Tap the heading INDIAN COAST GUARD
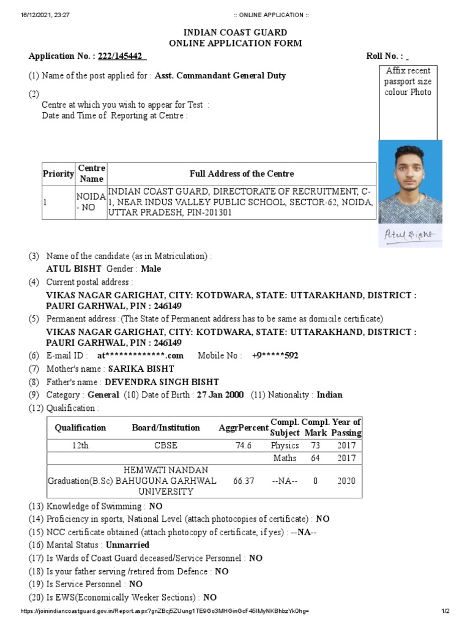235,32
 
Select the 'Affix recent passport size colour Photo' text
408,81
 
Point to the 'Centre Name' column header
91,173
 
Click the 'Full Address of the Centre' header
242,174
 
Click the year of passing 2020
346,481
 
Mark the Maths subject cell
285,458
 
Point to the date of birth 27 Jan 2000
220,395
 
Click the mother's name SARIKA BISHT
141,369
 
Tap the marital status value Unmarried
127,544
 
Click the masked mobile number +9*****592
275,356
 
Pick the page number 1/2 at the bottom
446,612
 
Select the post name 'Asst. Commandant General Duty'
220,76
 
